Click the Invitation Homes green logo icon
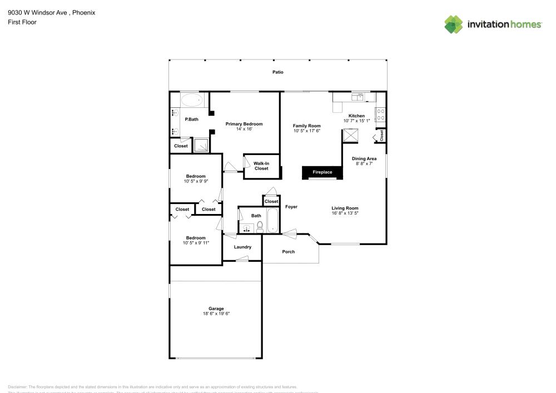pyautogui.click(x=454, y=24)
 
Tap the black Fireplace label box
pyautogui.click(x=322, y=172)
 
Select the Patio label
pyautogui.click(x=277, y=72)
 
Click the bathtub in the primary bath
pyautogui.click(x=192, y=101)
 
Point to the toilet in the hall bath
pyautogui.click(x=260, y=226)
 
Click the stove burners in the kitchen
pyautogui.click(x=381, y=115)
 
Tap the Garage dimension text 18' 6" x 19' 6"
pyautogui.click(x=216, y=314)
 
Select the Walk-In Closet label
pyautogui.click(x=261, y=166)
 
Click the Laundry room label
pyautogui.click(x=242, y=247)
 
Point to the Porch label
pyautogui.click(x=289, y=252)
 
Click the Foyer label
pyautogui.click(x=291, y=207)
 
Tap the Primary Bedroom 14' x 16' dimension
pyautogui.click(x=244, y=129)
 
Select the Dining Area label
pyautogui.click(x=364, y=158)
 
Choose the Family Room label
pyautogui.click(x=307, y=126)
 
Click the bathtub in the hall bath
pyautogui.click(x=273, y=221)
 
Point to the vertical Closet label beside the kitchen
pyautogui.click(x=381, y=135)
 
